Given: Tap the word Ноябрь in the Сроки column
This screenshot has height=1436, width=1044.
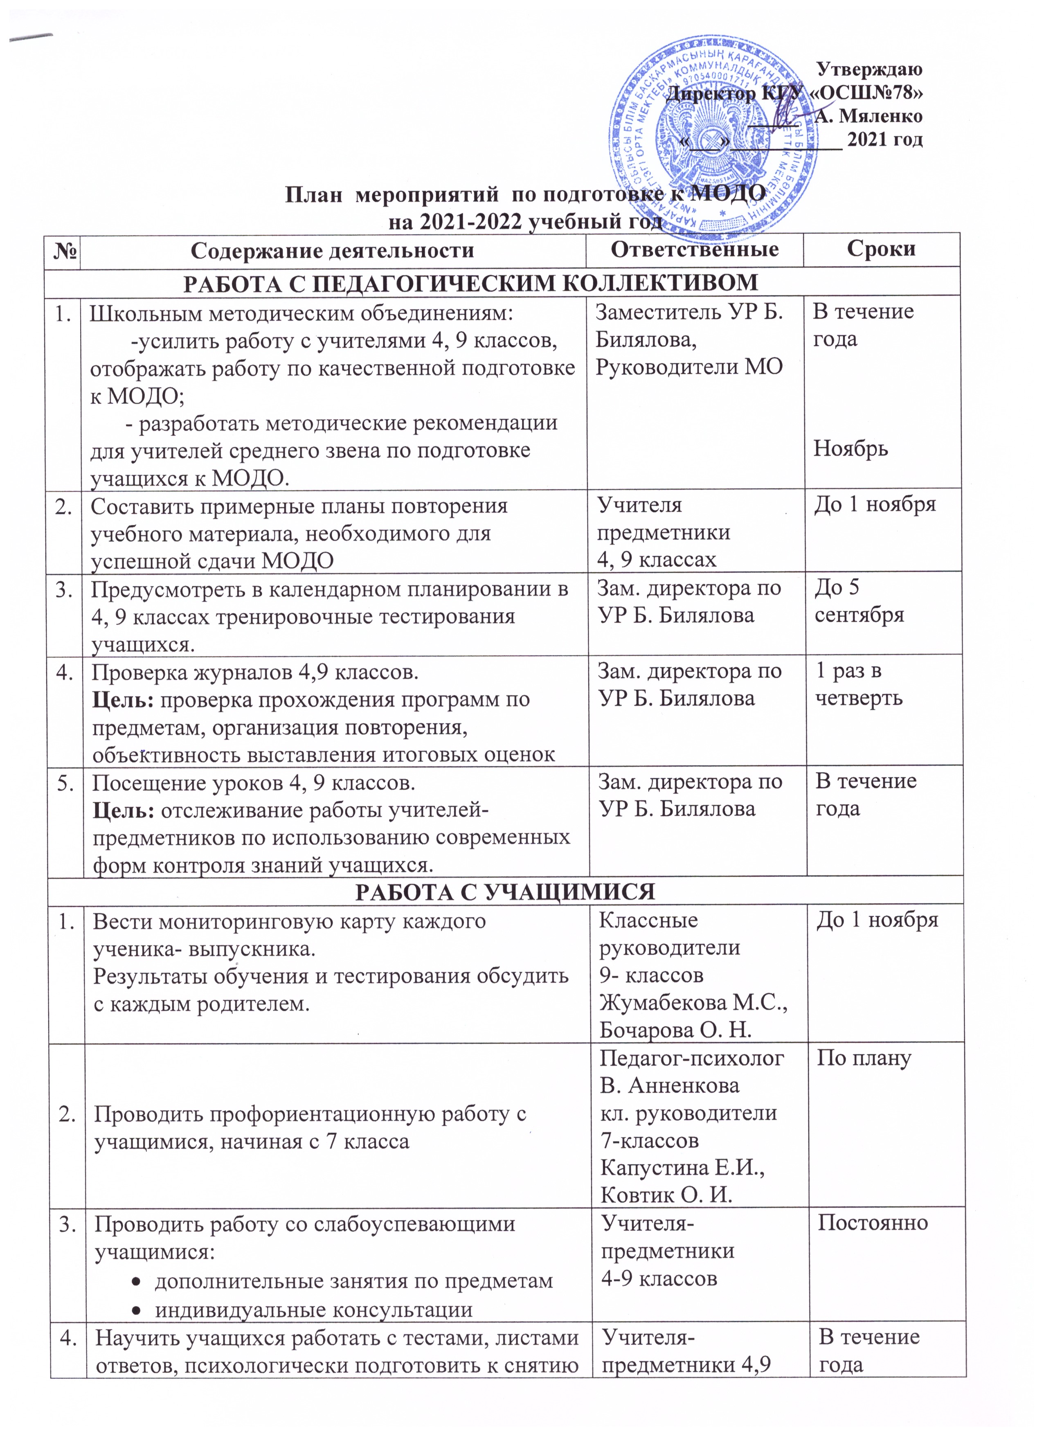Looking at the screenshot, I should [851, 448].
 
